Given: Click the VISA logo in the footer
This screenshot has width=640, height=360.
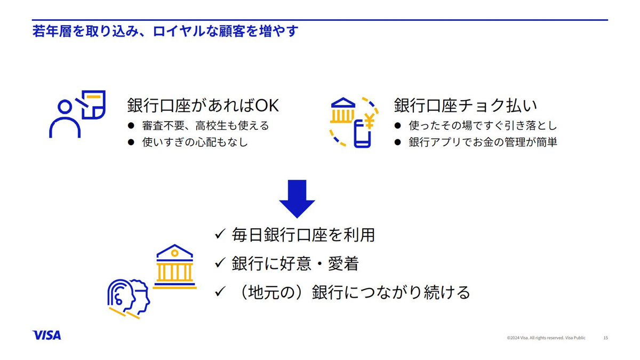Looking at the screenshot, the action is [46, 335].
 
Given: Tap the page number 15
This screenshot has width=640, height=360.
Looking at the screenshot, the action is [605, 338].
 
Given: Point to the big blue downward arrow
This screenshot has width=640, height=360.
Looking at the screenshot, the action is [297, 199].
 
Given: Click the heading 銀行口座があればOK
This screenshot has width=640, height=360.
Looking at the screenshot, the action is [203, 106].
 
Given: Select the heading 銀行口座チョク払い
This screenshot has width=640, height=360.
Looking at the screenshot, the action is [466, 106].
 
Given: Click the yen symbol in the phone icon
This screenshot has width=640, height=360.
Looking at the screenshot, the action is [370, 121].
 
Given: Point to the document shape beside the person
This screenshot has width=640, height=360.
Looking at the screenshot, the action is [91, 105].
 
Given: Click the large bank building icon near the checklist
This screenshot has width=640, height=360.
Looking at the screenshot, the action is [174, 266].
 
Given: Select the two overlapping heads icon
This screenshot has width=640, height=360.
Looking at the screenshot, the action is [129, 299].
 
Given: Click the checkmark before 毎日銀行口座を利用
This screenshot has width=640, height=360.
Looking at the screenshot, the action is [220, 234].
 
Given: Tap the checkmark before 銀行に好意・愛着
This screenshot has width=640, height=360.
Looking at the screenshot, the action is [220, 263].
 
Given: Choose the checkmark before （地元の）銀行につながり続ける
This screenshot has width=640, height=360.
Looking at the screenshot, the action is [220, 292].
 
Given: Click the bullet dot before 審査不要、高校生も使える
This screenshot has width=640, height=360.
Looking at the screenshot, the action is [131, 126].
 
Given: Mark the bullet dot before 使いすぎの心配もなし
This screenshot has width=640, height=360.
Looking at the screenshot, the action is [131, 142].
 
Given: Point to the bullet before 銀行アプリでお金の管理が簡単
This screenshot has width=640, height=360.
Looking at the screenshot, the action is [397, 142].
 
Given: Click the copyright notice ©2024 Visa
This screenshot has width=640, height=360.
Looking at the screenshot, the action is [546, 338].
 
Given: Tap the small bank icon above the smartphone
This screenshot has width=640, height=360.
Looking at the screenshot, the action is [342, 110].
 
